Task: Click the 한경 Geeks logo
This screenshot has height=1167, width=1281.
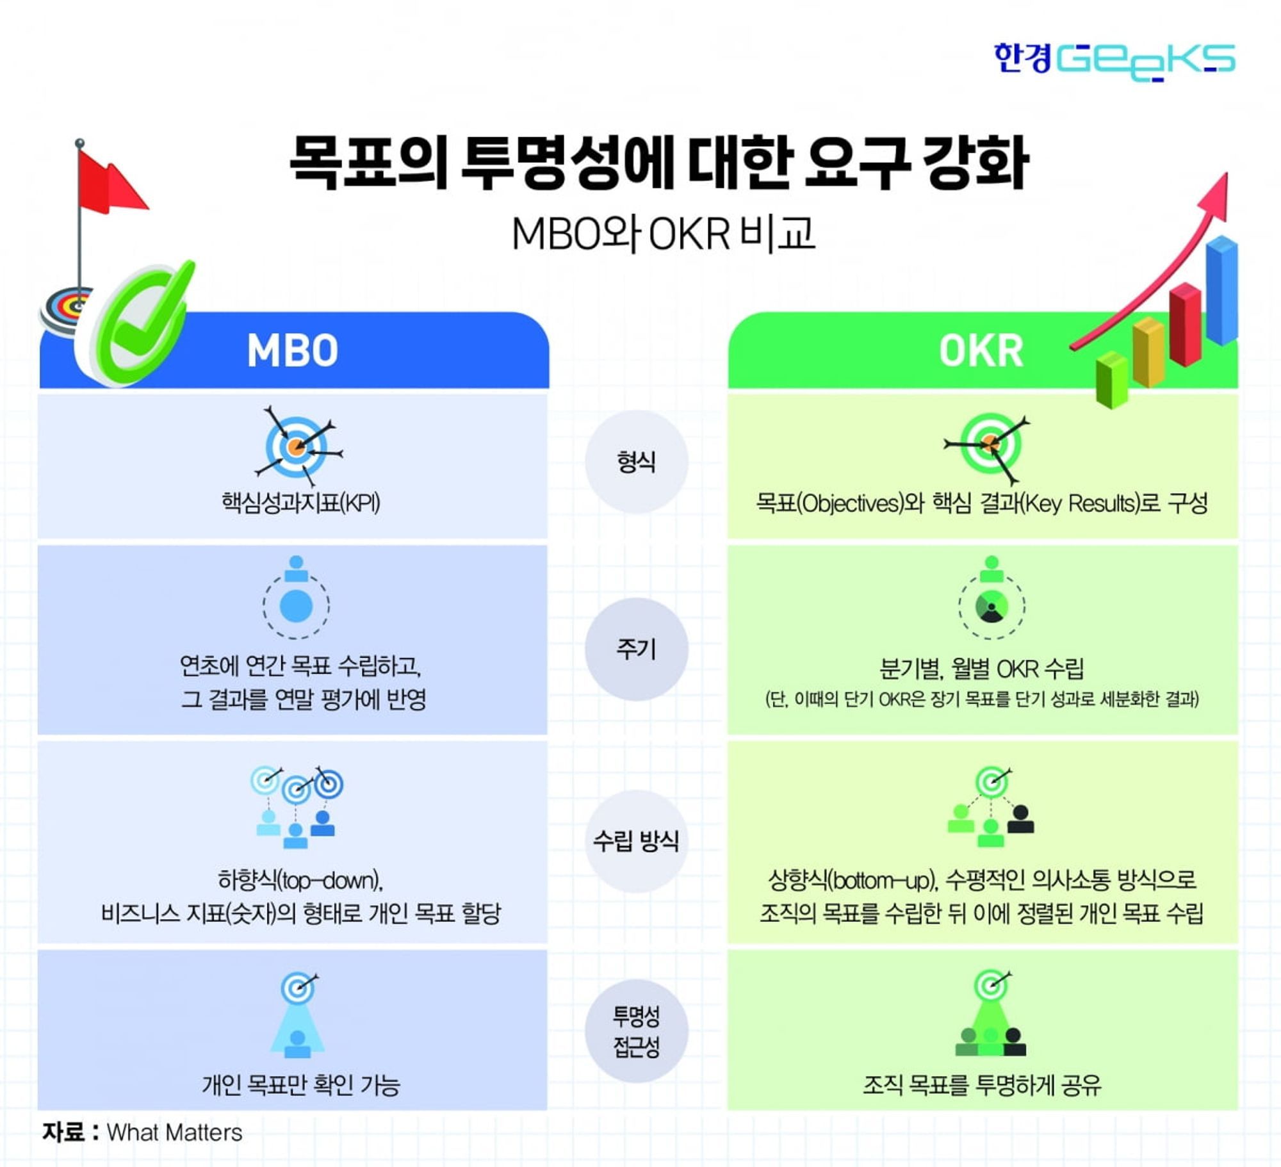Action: click(1114, 61)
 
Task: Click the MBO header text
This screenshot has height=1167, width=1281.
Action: click(293, 351)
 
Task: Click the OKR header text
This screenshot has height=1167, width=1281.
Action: click(981, 351)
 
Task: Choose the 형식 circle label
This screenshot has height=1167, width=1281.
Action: click(636, 462)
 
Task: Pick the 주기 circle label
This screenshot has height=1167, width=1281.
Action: click(636, 649)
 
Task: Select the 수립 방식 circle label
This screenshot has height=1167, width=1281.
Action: click(636, 840)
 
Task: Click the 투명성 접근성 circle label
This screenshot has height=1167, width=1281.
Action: click(636, 1031)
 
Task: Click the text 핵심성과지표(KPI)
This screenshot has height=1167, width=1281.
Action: click(300, 502)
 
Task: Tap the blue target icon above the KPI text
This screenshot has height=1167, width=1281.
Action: click(297, 446)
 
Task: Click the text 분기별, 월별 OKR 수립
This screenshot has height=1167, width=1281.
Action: click(981, 669)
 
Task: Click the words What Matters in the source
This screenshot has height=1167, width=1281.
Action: click(174, 1133)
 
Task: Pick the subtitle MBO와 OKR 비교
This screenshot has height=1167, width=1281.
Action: click(663, 233)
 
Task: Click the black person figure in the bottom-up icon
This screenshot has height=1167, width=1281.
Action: click(1020, 819)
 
